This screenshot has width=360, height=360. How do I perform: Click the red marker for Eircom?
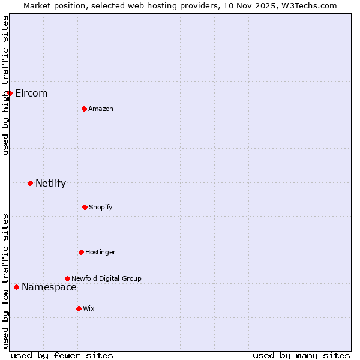pos(10,93)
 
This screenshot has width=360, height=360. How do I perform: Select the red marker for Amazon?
pos(84,109)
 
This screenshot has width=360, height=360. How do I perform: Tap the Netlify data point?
pos(30,183)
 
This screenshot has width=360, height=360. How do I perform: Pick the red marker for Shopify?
pos(85,207)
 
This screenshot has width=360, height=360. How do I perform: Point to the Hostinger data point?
pos(81,252)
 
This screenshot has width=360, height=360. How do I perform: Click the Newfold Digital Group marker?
pos(67,278)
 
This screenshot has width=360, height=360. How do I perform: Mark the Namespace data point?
pos(16,287)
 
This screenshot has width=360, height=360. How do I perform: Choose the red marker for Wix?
pos(79,308)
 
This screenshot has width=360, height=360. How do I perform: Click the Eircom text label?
pos(31,93)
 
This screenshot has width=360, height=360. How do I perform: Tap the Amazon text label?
pos(101,109)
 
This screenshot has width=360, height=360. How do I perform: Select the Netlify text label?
pos(50,183)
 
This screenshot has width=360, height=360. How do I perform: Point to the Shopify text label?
pos(101,207)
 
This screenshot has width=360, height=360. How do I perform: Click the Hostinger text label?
pos(100,252)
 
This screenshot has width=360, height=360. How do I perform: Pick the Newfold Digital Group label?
pos(106,278)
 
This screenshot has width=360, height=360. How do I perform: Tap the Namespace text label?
pos(49,287)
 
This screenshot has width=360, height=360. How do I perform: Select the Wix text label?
pos(89,308)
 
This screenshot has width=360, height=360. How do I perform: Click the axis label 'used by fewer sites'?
pos(62,355)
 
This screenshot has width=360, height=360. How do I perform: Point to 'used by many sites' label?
pos(301,355)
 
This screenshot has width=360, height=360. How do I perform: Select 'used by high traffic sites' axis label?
pos(5,85)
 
